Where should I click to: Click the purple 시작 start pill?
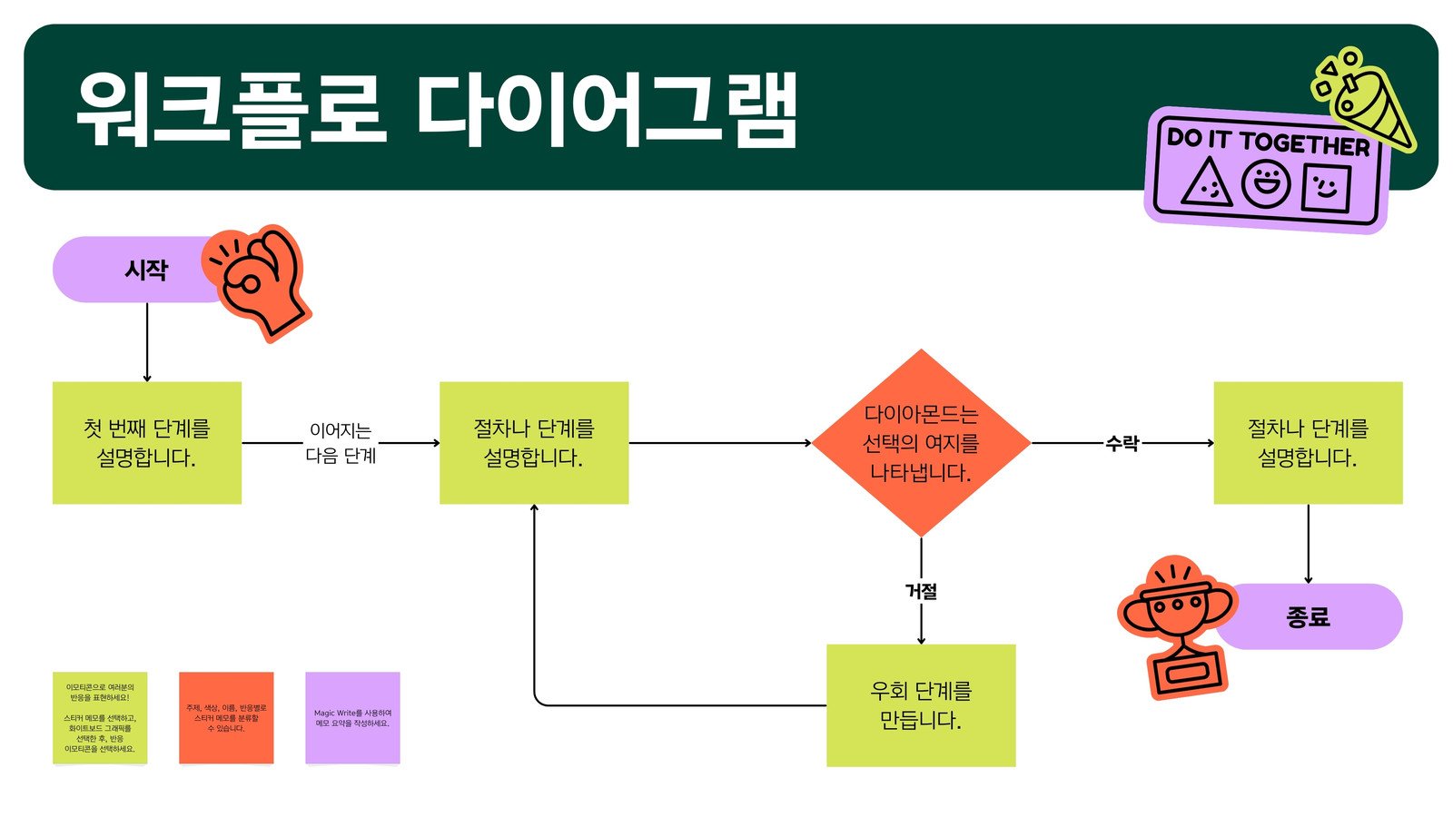point(136,270)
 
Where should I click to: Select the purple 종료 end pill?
point(1317,616)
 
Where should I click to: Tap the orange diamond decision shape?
point(921,443)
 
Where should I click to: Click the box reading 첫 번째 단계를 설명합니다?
point(147,443)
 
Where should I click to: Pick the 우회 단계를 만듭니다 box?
point(921,705)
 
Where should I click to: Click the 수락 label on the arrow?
point(1122,443)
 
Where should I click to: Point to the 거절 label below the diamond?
point(921,591)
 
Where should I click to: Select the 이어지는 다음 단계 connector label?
point(341,443)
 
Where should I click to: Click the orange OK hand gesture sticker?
point(259,281)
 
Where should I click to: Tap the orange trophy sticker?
point(1177,626)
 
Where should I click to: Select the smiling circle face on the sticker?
point(1266,183)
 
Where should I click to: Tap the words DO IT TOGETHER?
point(1268,142)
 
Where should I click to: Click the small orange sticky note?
point(226,718)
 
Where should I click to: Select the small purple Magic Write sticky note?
point(352,718)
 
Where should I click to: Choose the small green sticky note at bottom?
point(100,718)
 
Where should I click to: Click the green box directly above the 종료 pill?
point(1308,443)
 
